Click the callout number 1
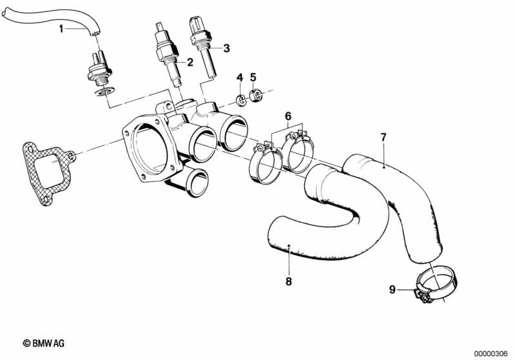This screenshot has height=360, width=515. click(61, 29)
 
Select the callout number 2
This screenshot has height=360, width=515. click(190, 62)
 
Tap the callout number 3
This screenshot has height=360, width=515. click(227, 48)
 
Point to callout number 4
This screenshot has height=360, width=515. click(240, 78)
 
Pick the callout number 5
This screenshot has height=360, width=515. click(253, 77)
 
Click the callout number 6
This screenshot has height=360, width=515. click(288, 116)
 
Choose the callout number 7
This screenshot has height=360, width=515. click(384, 137)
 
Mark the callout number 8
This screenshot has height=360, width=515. click(289, 281)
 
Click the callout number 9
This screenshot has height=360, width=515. click(392, 290)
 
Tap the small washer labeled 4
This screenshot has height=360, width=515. click(242, 100)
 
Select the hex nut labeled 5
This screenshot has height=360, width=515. click(256, 95)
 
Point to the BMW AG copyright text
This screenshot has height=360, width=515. click(44, 343)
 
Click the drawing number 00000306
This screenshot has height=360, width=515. click(491, 354)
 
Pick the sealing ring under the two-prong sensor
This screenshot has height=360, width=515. click(104, 91)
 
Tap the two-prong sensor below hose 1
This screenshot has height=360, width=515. click(99, 69)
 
